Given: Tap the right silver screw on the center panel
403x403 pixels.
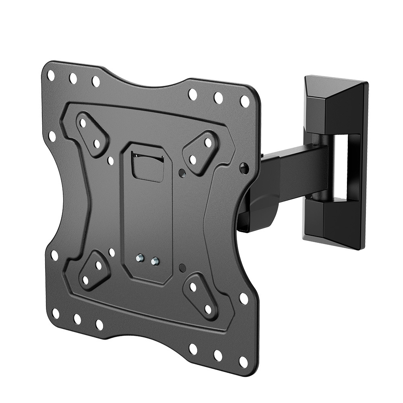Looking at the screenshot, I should pos(154,262).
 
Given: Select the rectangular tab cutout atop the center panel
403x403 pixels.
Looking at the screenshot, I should pos(148,167).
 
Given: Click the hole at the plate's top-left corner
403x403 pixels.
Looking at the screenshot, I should pos(51,75).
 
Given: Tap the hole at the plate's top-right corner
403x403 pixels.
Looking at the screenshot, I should pos(245,101).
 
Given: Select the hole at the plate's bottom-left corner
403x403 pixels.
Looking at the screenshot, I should pos(56,313).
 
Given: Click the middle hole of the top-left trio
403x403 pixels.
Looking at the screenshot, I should pos(73,78).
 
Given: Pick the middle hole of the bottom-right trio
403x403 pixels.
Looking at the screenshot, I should pos(218,355).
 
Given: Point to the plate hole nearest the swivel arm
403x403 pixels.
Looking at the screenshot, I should pos(243,167).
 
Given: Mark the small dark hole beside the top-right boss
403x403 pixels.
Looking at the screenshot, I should pos(182,173).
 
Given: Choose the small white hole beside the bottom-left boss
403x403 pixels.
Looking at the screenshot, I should pos(112,253).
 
